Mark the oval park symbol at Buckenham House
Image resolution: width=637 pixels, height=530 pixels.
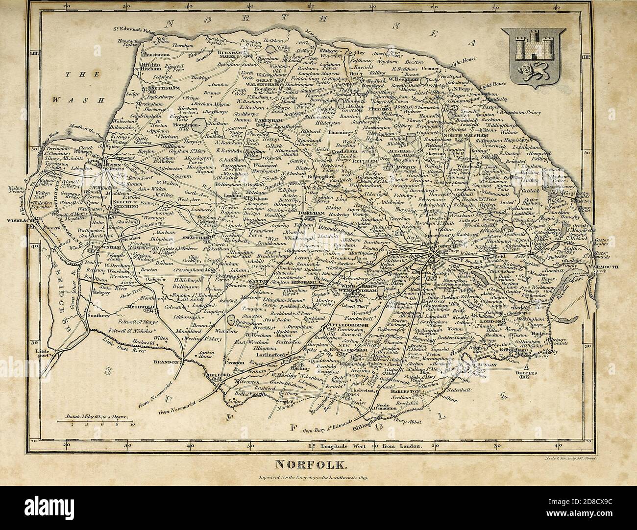230,320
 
